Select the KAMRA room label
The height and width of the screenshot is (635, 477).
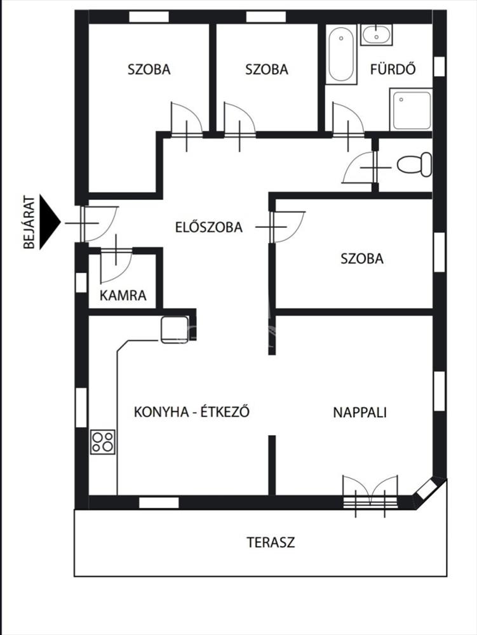pyautogui.click(x=123, y=295)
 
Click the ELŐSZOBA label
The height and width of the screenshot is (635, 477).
pyautogui.click(x=209, y=227)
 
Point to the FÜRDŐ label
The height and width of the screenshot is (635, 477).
pyautogui.click(x=393, y=69)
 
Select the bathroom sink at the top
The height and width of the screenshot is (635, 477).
pyautogui.click(x=377, y=34)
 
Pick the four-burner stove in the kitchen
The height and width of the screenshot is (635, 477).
pyautogui.click(x=103, y=441)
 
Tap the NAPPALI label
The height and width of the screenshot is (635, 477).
pyautogui.click(x=360, y=412)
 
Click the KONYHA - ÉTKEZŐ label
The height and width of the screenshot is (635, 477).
pyautogui.click(x=191, y=412)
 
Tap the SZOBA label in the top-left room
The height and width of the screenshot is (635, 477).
pyautogui.click(x=149, y=69)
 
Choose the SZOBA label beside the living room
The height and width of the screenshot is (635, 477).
pyautogui.click(x=362, y=258)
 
